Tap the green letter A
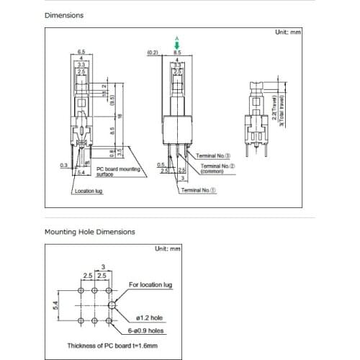(176, 38)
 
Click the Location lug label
(91, 191)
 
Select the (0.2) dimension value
(152, 53)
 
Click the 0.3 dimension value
(63, 165)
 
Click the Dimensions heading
(64, 14)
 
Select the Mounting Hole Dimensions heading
(89, 232)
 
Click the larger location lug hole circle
(112, 305)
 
